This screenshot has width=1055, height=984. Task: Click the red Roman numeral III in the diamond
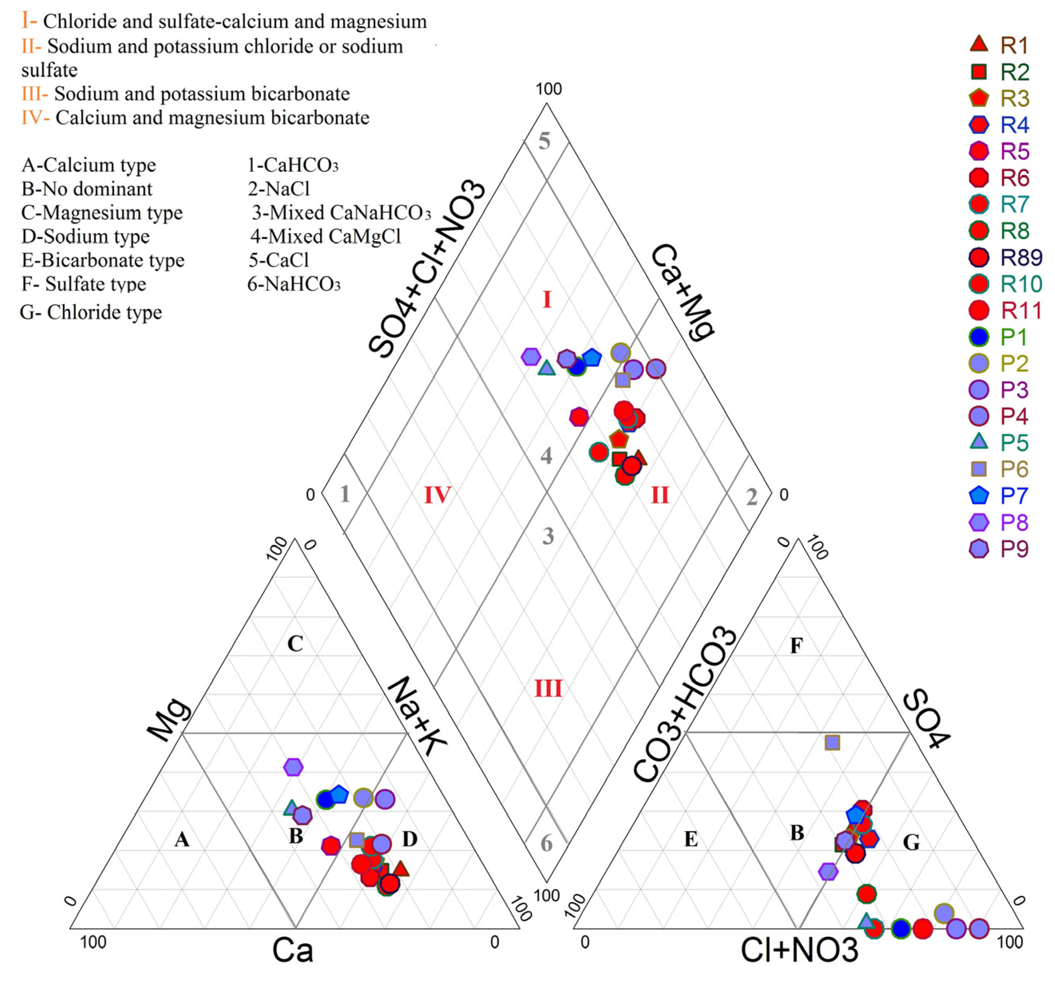click(x=548, y=689)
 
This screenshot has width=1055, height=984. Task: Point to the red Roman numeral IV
click(x=437, y=495)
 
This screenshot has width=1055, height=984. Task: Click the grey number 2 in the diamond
click(x=752, y=497)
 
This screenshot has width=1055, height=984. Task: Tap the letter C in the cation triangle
click(x=295, y=644)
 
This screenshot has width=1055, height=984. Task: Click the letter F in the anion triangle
click(x=796, y=646)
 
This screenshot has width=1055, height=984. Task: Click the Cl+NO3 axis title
click(x=799, y=950)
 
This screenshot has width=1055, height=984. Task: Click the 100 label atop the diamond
click(x=548, y=89)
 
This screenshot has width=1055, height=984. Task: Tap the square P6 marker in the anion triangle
click(x=832, y=742)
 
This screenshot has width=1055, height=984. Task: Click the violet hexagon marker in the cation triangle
click(x=293, y=767)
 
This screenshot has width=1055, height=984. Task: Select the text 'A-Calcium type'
click(x=89, y=165)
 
